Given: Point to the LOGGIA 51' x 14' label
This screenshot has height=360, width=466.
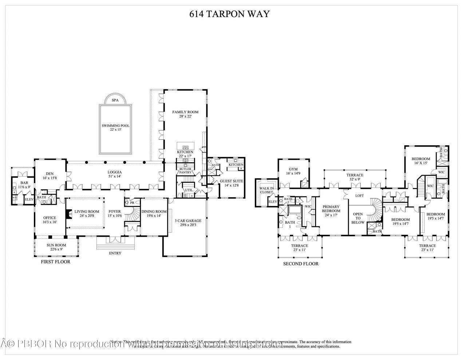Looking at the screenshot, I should click(x=114, y=174).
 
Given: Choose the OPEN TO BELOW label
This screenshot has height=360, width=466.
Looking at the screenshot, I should click(x=358, y=218).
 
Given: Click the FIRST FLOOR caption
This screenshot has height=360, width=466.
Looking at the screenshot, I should click(x=55, y=262).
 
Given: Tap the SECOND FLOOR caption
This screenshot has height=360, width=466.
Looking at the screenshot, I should click(x=301, y=264).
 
